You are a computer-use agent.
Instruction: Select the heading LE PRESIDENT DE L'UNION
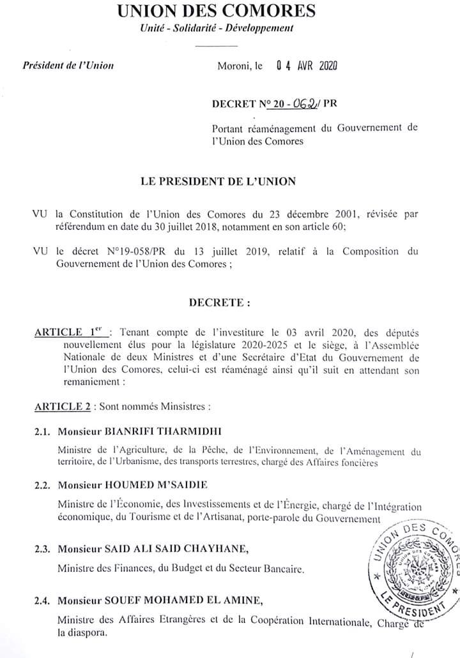(x=218, y=181)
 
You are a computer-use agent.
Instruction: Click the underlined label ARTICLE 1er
(x=72, y=333)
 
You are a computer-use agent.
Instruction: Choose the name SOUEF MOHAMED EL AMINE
(x=169, y=601)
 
